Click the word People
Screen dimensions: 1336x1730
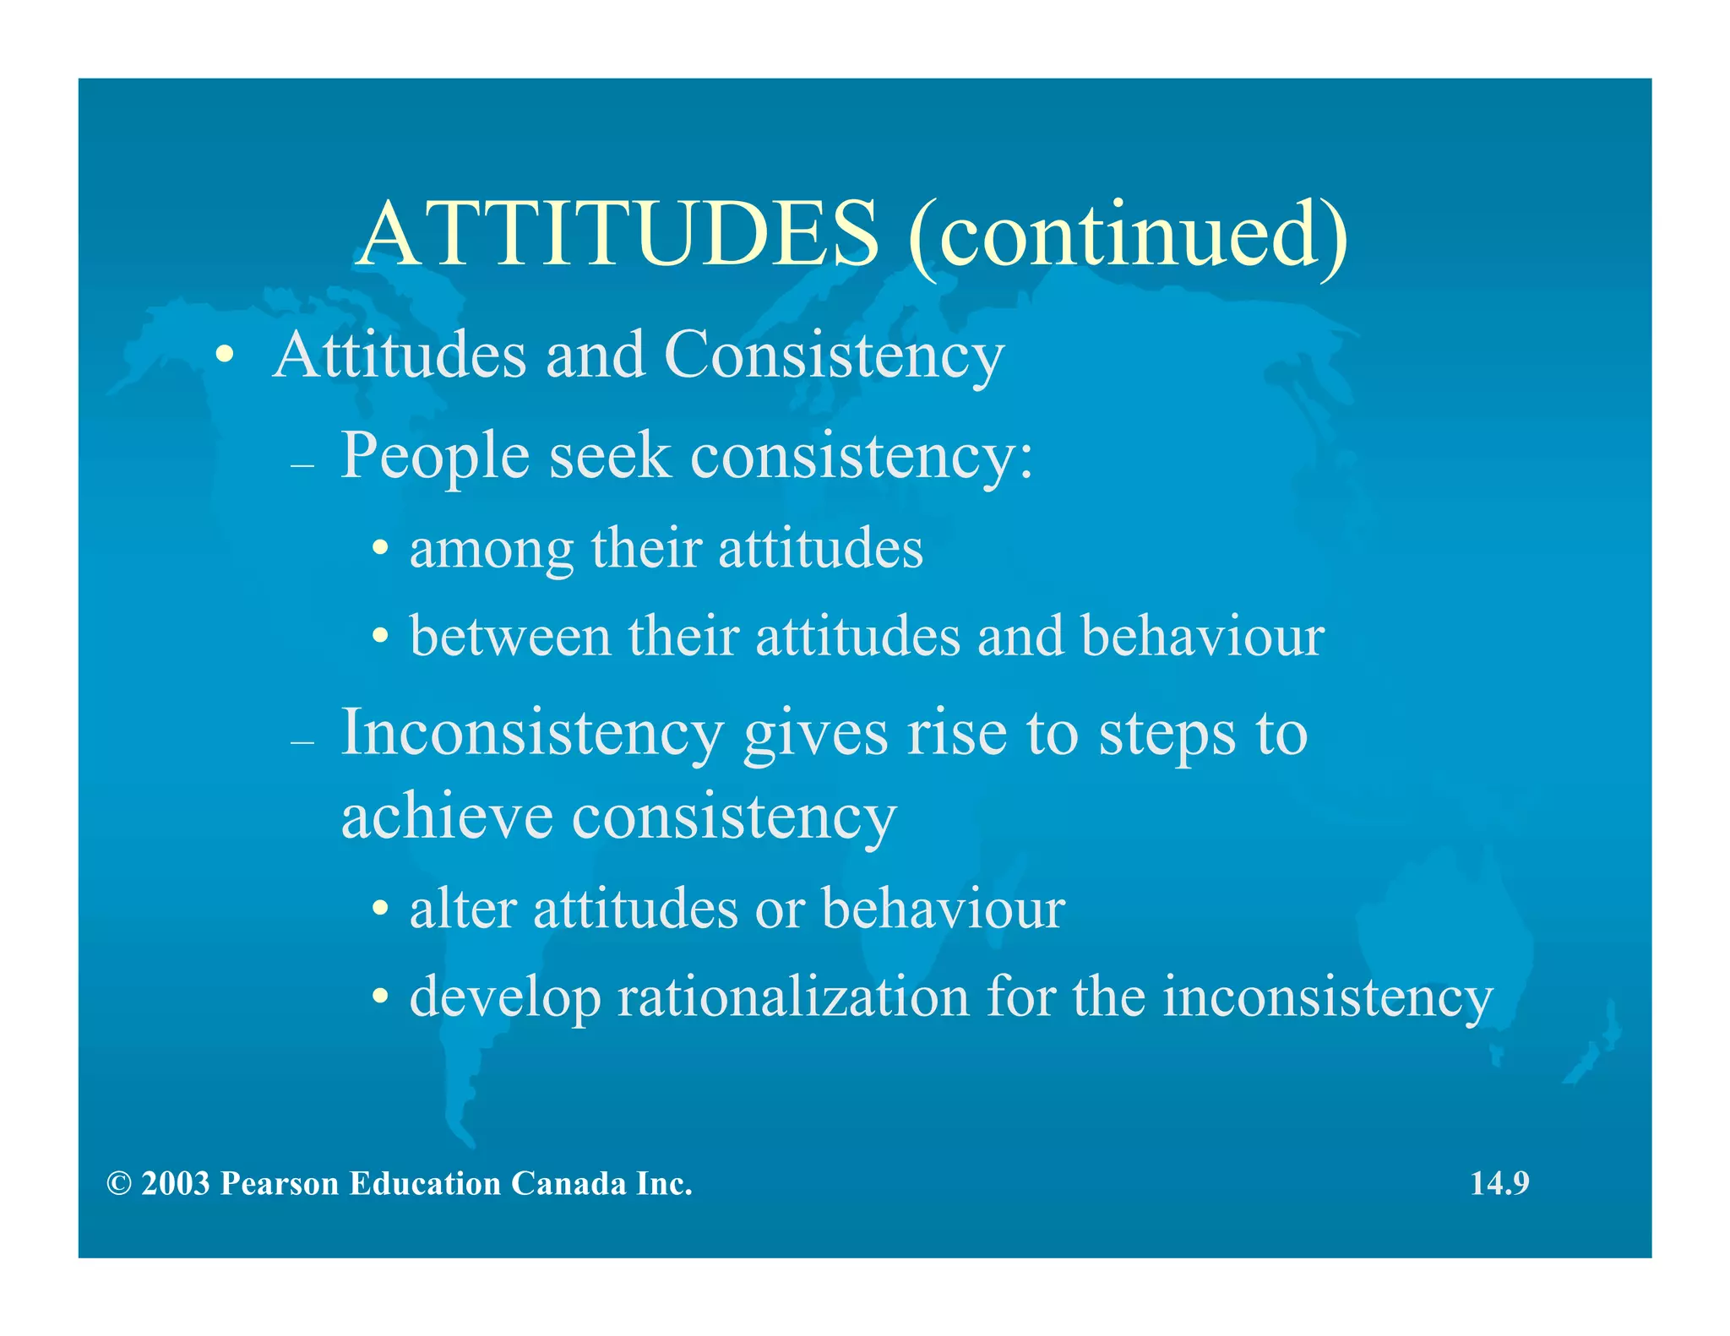pos(435,457)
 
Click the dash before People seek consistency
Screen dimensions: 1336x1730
pos(302,465)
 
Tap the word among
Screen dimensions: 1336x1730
pos(491,550)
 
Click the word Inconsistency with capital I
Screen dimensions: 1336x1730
pos(532,733)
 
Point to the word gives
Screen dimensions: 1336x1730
pos(815,733)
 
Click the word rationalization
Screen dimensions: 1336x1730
pos(793,997)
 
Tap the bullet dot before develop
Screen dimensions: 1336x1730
pos(381,997)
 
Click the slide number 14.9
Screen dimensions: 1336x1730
pos(1499,1183)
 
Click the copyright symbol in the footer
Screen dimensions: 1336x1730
pos(119,1184)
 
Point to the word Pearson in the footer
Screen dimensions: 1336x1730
pos(279,1184)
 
